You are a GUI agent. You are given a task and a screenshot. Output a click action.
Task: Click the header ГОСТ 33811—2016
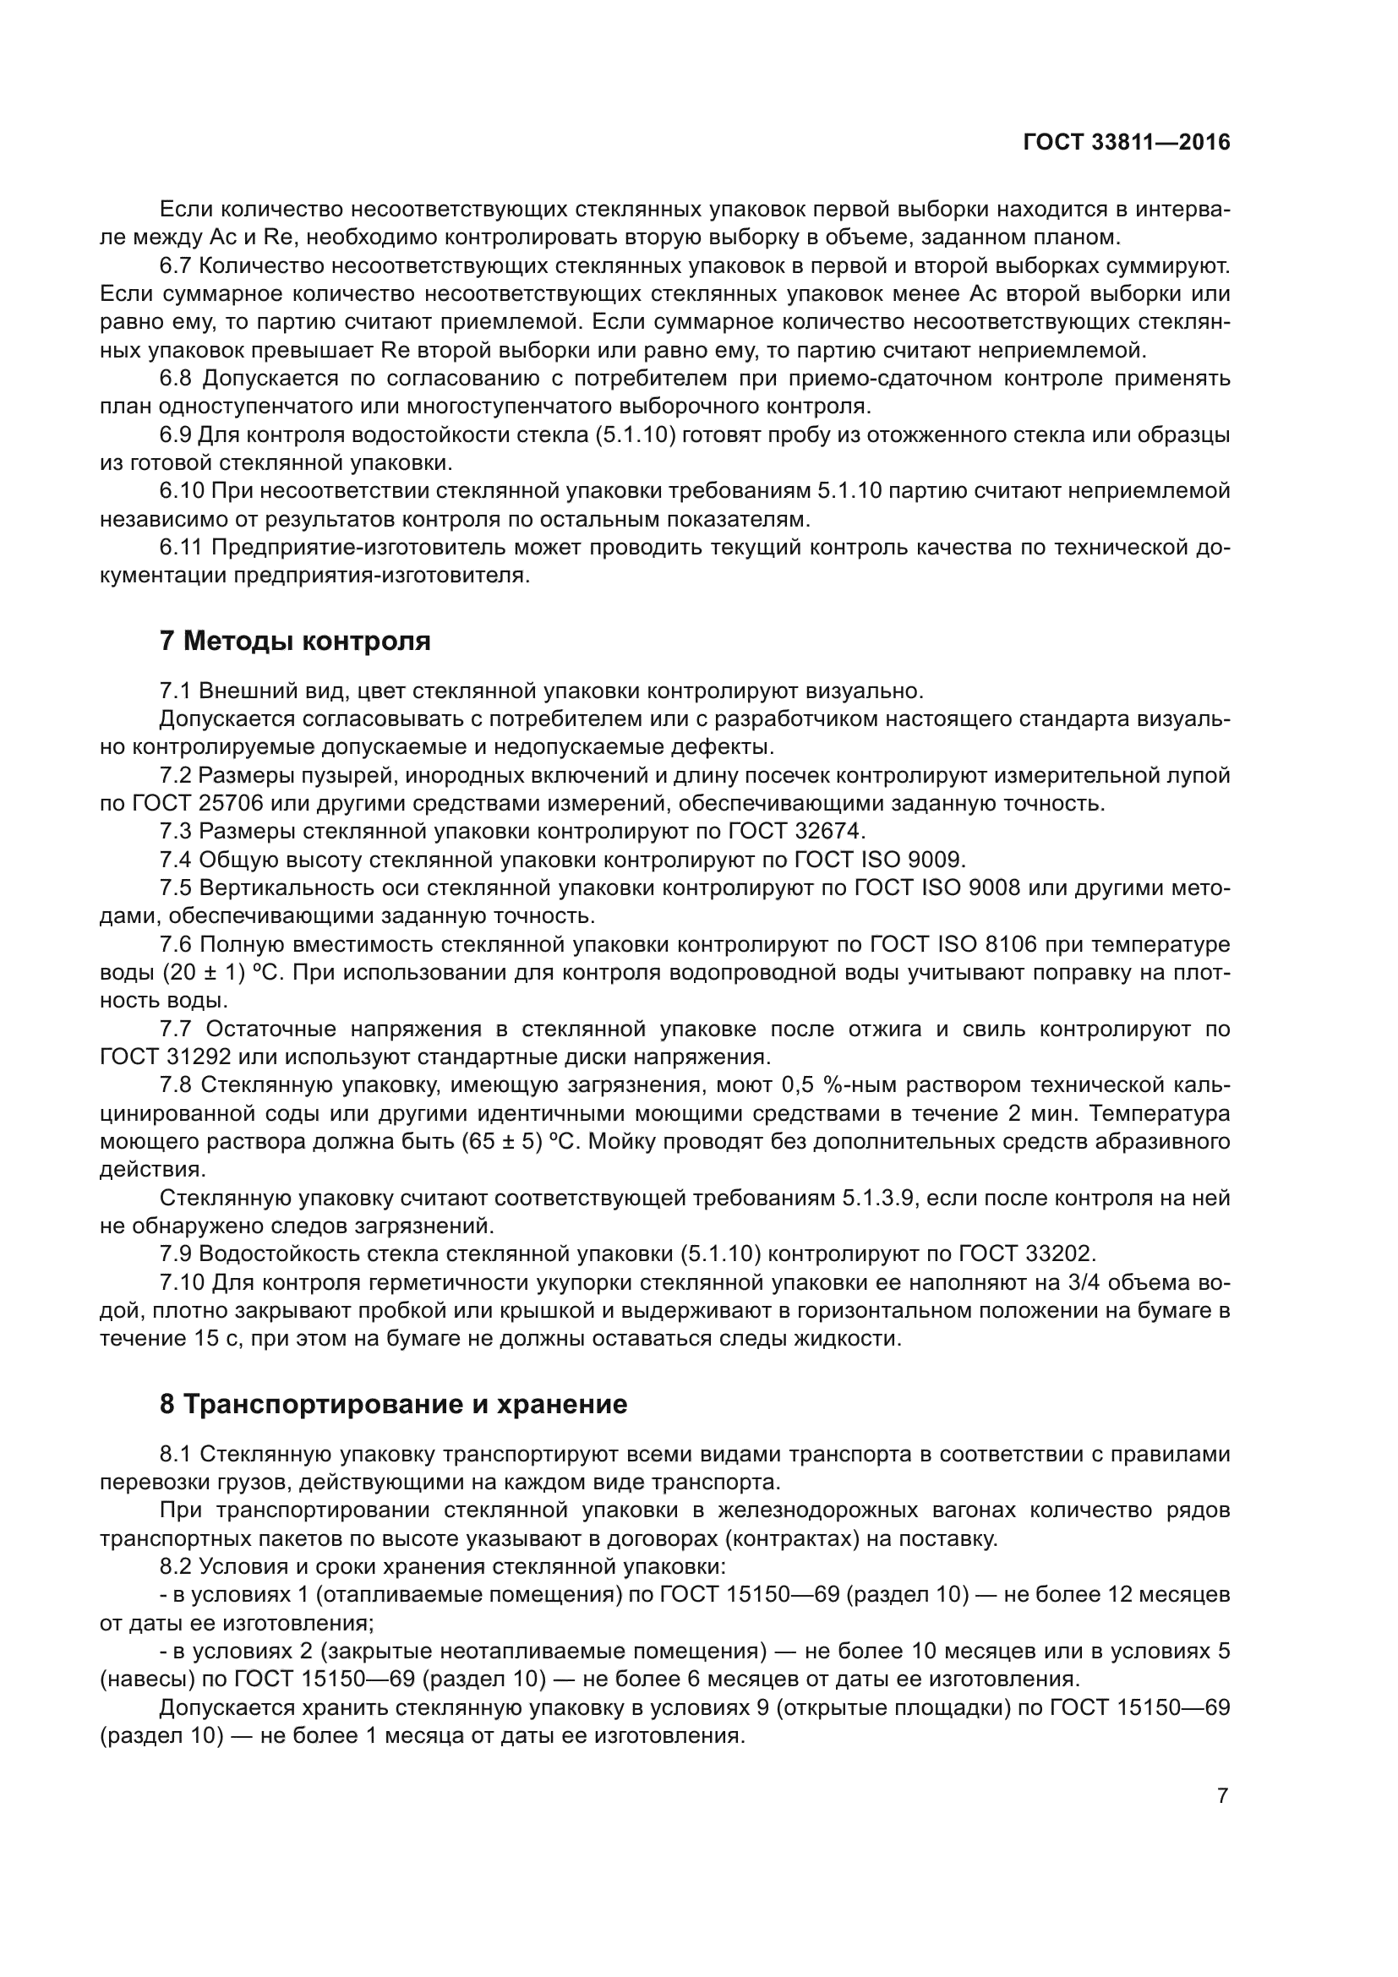(x=1126, y=143)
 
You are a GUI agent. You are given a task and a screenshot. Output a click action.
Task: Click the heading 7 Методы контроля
(x=295, y=641)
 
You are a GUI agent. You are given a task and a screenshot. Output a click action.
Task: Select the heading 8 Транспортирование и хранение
(x=393, y=1405)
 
